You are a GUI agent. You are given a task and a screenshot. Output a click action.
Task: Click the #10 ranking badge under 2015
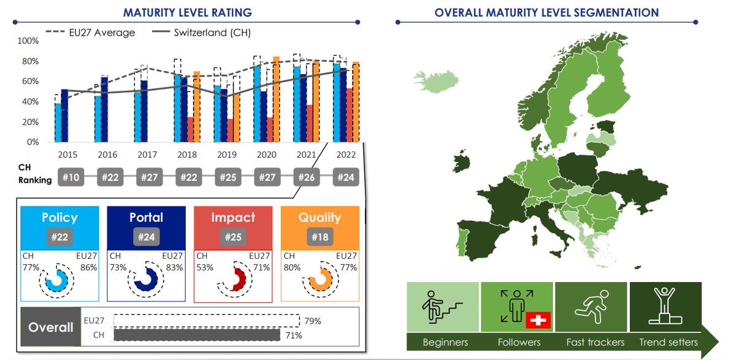[x=71, y=177]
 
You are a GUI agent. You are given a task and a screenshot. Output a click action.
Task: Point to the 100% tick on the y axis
[x=28, y=41]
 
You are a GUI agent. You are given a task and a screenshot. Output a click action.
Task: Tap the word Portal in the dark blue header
[x=146, y=218]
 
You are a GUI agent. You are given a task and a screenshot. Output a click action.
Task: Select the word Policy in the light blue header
[x=59, y=218]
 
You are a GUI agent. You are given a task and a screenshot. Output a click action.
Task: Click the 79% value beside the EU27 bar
[x=312, y=321]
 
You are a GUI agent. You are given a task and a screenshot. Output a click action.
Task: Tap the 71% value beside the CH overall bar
[x=294, y=335]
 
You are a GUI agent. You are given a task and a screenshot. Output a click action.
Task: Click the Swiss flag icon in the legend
[x=538, y=320]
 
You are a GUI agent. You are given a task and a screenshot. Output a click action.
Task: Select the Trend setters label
[x=669, y=342]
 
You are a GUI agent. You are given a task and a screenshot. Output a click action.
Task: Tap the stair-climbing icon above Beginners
[x=442, y=305]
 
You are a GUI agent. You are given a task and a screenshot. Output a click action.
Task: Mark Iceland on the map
[x=436, y=82]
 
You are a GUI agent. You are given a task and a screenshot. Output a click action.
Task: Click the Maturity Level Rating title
[x=188, y=12]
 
